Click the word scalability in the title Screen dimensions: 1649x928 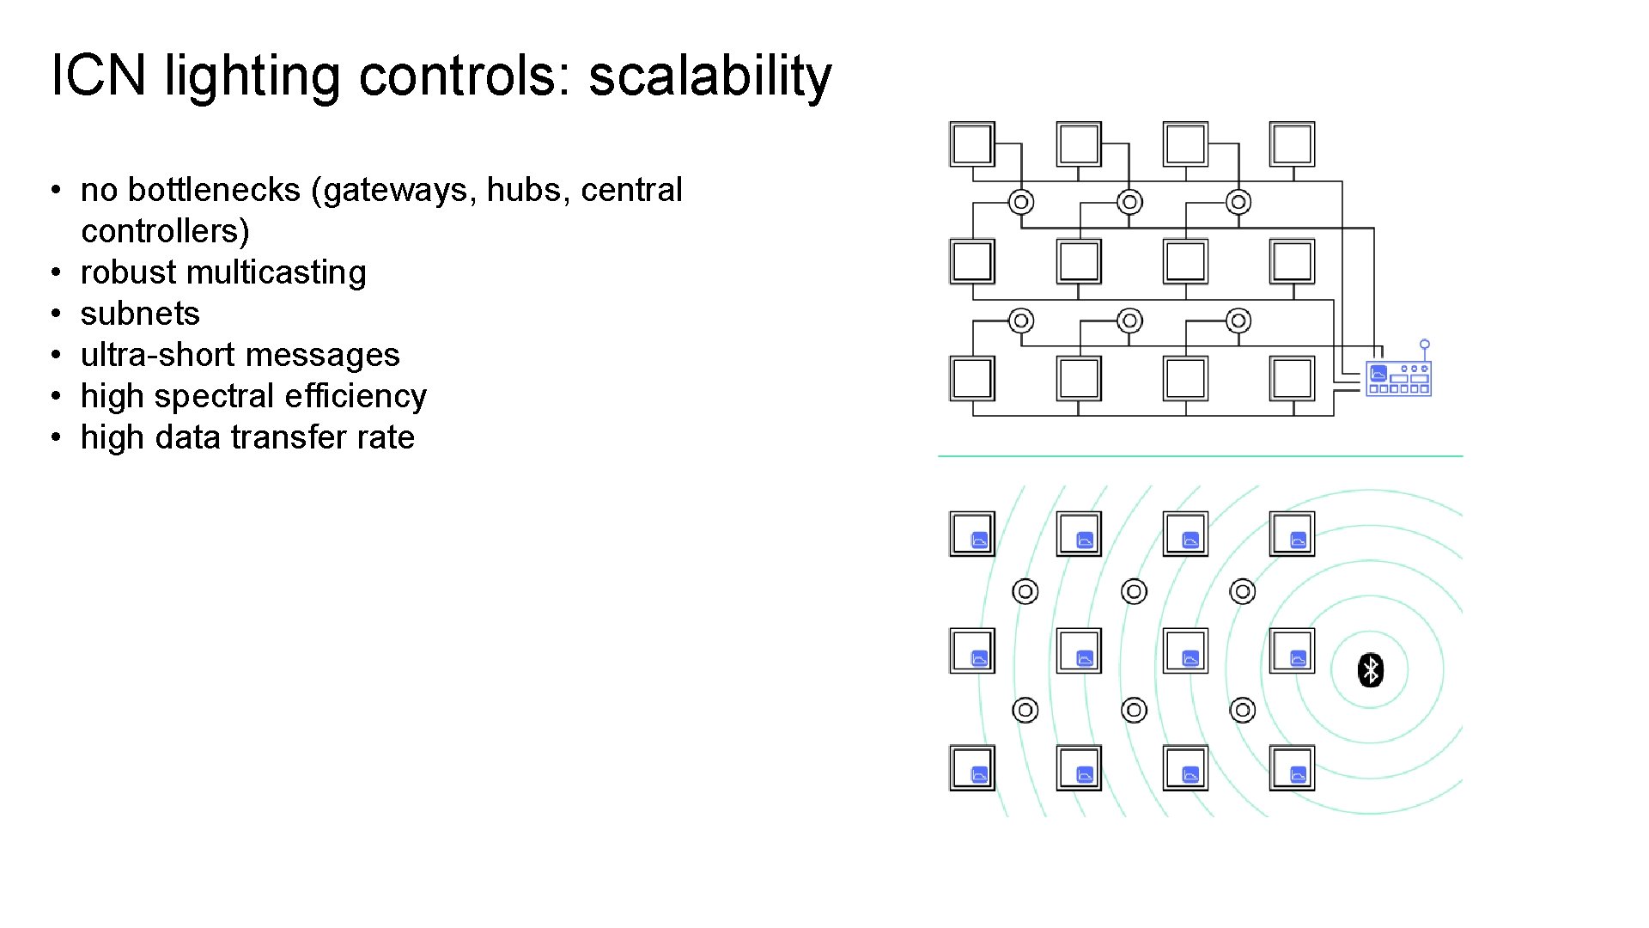pyautogui.click(x=709, y=76)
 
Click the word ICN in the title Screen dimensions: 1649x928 pyautogui.click(x=99, y=75)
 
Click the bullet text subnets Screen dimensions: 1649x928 pyautogui.click(x=140, y=314)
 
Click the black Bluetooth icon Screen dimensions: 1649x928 pyautogui.click(x=1370, y=670)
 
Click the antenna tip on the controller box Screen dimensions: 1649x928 pyautogui.click(x=1425, y=344)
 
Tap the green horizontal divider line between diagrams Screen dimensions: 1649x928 pyautogui.click(x=1200, y=456)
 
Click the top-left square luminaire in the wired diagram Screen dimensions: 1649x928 pyautogui.click(x=972, y=143)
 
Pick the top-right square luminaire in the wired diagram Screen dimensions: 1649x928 pyautogui.click(x=1292, y=143)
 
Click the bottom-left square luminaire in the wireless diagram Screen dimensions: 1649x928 pyautogui.click(x=972, y=767)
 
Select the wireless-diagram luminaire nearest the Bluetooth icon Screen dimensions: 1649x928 pyautogui.click(x=1292, y=650)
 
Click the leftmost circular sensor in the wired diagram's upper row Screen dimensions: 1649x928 pyautogui.click(x=1020, y=203)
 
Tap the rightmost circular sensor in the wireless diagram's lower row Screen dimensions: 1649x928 pyautogui.click(x=1242, y=710)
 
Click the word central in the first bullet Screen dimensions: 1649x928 pyautogui.click(x=631, y=190)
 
